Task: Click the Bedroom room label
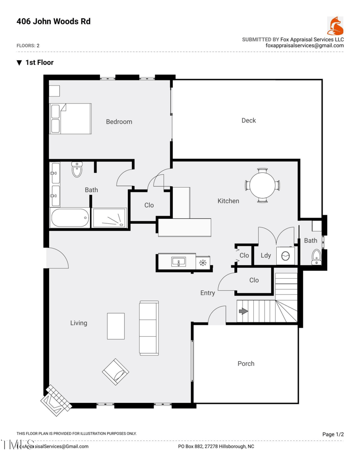point(119,122)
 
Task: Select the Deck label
point(248,120)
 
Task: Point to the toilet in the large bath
point(77,171)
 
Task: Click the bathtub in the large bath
point(70,218)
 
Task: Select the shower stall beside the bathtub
point(109,218)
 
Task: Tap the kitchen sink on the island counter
point(179,262)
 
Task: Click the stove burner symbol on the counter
point(202,262)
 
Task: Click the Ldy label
point(265,255)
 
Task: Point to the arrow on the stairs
point(243,312)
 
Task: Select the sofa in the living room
point(148,327)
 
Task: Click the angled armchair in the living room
point(116,372)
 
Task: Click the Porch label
point(246,363)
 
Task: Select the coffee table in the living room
point(116,326)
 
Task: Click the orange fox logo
point(335,26)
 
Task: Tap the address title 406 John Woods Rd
point(53,21)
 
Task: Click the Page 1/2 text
point(333,434)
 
